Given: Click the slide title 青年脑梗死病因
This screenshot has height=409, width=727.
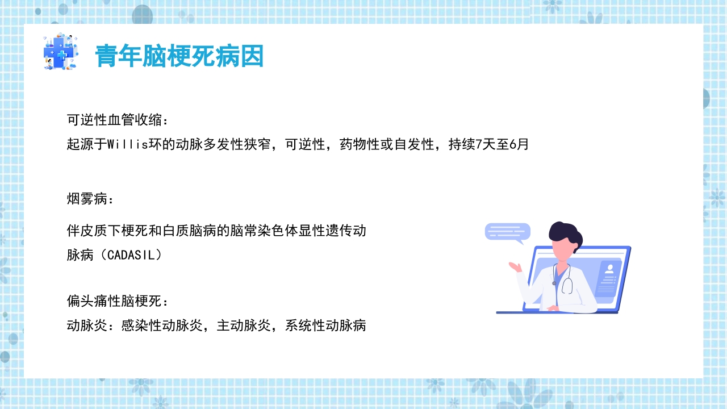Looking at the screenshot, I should tap(179, 56).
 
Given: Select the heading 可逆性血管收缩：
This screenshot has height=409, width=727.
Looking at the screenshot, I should tap(118, 120).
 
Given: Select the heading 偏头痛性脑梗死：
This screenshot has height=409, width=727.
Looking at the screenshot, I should tap(118, 301).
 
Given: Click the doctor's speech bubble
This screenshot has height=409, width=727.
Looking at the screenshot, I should tap(507, 232).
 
